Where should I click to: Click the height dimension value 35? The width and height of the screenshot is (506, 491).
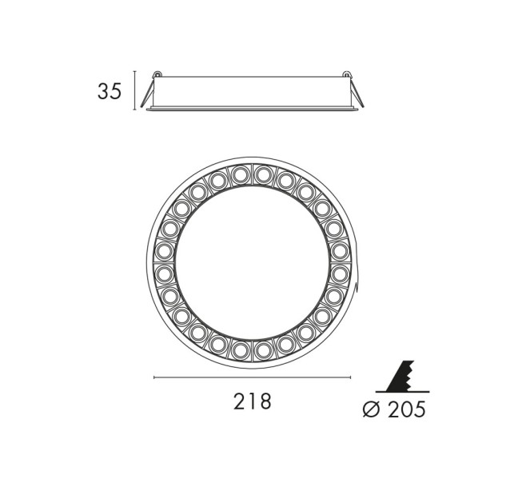coord(110,91)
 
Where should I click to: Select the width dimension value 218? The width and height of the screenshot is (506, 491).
coord(253,401)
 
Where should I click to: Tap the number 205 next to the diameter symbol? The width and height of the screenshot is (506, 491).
coord(407,409)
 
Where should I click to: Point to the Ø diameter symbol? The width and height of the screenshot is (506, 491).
coord(371,409)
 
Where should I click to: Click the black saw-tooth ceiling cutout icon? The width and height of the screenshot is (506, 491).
coord(400,376)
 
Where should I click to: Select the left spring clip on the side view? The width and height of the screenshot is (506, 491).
coord(147,94)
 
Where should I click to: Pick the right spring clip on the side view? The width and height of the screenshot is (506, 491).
coord(357,94)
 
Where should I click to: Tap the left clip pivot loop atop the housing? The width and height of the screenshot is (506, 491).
coord(157,74)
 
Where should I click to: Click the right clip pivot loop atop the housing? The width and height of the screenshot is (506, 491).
coord(347,74)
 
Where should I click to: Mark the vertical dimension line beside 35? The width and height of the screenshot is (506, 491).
coord(135,90)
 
